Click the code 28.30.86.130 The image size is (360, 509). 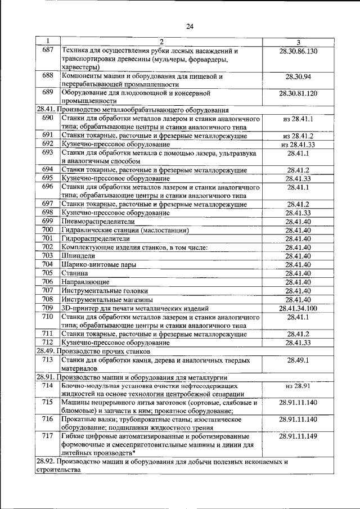298,51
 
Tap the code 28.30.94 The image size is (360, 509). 298,76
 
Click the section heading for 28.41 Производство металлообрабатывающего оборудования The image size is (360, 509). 132,110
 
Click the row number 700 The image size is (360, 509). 48,230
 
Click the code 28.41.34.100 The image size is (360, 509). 298,308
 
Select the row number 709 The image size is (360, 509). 48,308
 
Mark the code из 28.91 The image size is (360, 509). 298,386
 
